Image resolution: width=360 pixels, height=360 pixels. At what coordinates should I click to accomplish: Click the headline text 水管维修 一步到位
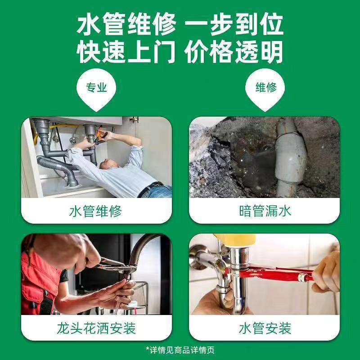coord(180,24)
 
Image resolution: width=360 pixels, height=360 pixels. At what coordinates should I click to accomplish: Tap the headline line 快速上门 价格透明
coord(180,52)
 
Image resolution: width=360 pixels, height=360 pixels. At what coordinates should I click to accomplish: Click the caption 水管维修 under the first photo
coord(95,211)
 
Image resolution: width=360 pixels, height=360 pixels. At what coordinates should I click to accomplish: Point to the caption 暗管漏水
coord(265,211)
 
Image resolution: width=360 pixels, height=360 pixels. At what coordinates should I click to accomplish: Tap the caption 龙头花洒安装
coord(96,328)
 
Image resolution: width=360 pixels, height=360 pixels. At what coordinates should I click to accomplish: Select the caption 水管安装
coord(265,328)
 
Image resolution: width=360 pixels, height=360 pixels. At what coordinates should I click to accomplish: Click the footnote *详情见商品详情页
coord(180,350)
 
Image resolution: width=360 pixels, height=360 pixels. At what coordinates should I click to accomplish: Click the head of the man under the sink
coord(108,164)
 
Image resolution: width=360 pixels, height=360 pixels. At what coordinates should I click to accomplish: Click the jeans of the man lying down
coord(156,191)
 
